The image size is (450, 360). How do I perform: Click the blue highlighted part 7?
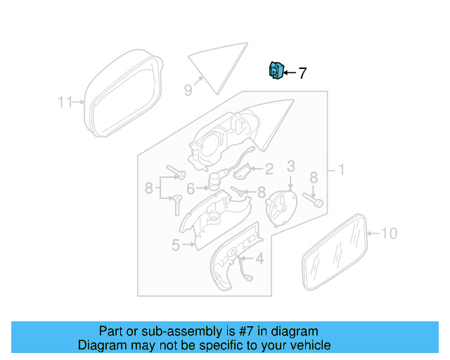pos(276,70)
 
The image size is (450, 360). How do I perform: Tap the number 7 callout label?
pos(302,72)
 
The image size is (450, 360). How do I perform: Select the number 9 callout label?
pos(188,89)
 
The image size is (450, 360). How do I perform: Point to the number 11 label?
pos(65,103)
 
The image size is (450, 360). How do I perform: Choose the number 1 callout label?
pos(341,169)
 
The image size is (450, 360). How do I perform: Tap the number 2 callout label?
pos(269,169)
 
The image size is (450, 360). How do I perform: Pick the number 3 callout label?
pos(290,166)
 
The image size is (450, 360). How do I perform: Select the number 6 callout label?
pos(191,188)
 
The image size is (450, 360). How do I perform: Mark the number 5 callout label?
pos(175,245)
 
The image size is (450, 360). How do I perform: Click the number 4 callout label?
pos(259,259)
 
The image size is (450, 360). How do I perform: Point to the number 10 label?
pos(389,233)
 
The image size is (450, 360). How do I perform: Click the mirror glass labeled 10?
pos(335,251)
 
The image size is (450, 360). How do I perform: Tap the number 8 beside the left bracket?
pos(149,188)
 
